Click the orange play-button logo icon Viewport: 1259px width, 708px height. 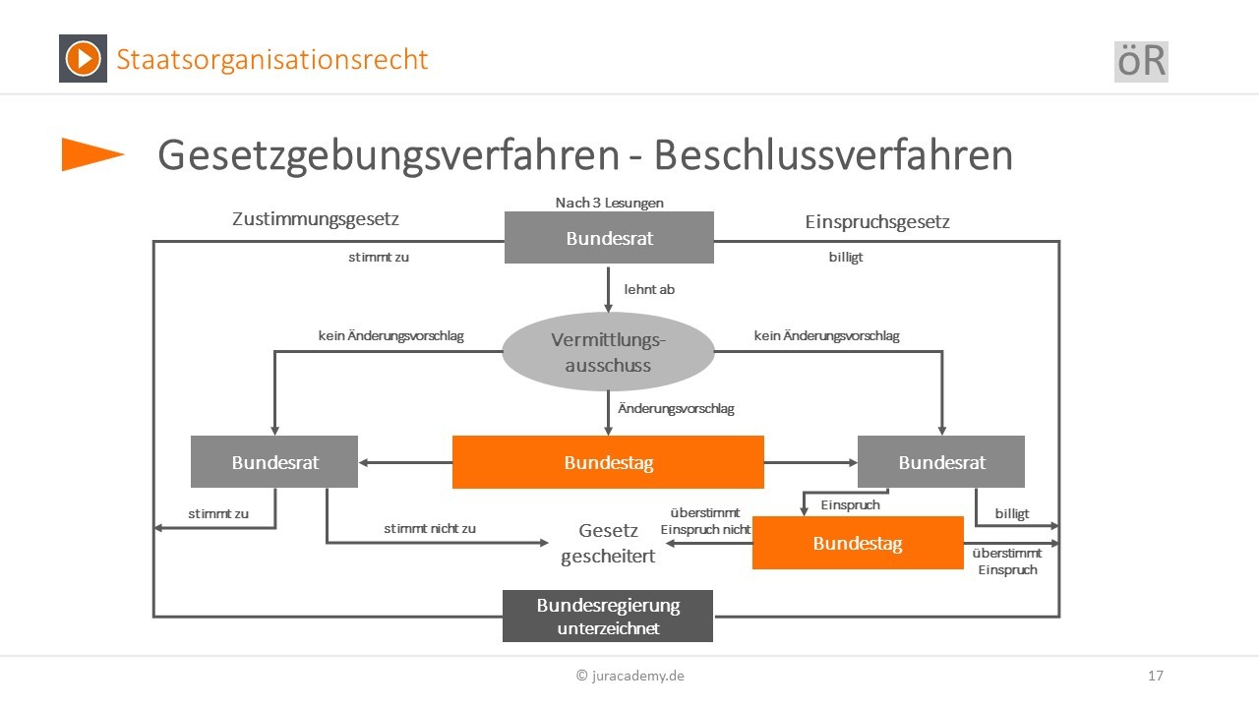[84, 58]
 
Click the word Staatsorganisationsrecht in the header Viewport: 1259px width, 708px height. [272, 59]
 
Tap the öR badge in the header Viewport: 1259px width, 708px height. [1141, 61]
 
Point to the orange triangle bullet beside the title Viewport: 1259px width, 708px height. [92, 154]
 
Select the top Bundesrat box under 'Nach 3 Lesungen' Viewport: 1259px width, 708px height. [609, 238]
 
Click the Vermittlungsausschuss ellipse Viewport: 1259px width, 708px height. [608, 352]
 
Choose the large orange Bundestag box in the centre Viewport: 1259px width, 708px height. [608, 462]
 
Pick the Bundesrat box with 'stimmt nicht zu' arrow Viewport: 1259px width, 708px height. [274, 461]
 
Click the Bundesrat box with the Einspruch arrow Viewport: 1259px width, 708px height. [941, 461]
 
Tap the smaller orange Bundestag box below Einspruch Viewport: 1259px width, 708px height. [858, 543]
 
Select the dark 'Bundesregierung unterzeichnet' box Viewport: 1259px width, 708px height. [608, 616]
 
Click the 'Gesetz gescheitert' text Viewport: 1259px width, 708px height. [608, 543]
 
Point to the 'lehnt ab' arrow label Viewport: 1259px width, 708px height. [649, 289]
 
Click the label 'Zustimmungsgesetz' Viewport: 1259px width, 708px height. [316, 218]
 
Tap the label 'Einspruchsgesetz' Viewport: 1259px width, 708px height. [877, 222]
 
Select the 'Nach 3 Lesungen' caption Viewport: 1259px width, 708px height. [609, 203]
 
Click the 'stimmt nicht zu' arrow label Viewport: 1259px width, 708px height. [430, 528]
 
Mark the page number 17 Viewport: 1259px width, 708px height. [1156, 676]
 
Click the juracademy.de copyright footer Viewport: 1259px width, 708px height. [630, 676]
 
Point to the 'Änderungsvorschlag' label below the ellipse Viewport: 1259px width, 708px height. [676, 408]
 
